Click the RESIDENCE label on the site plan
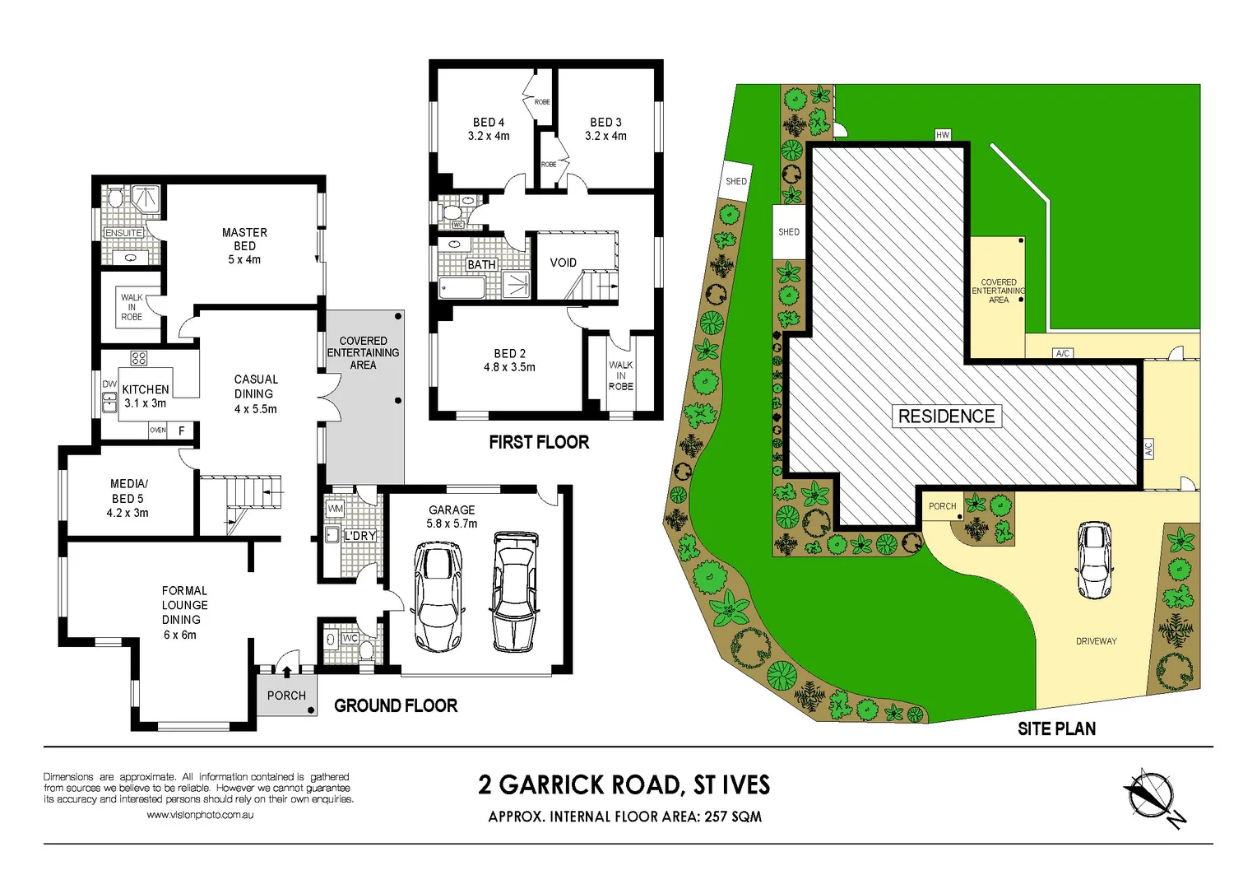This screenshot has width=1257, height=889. coord(946,417)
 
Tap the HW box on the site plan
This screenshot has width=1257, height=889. coord(943,135)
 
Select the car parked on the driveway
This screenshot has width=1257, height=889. coord(1093,560)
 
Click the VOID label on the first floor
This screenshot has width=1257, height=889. coord(563,263)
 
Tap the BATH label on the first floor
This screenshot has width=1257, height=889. coord(481,264)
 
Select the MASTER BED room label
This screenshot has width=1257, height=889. coord(244,245)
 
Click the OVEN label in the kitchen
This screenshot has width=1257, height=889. coord(158,431)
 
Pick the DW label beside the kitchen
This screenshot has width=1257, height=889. coord(109,384)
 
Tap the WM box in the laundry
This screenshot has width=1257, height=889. coord(335,509)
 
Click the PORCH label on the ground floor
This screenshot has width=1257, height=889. coord(286,696)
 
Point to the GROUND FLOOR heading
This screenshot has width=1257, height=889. coord(396,705)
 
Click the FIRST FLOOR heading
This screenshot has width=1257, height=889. coord(539,442)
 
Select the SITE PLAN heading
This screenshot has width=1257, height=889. coord(1056,728)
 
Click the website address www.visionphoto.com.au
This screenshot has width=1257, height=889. coord(200,815)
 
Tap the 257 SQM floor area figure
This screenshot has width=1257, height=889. coord(733,817)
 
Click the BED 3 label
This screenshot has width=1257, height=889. coord(605,128)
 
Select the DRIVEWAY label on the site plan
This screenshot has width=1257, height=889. coord(1096,641)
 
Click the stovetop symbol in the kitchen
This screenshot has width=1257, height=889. coord(139,358)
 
